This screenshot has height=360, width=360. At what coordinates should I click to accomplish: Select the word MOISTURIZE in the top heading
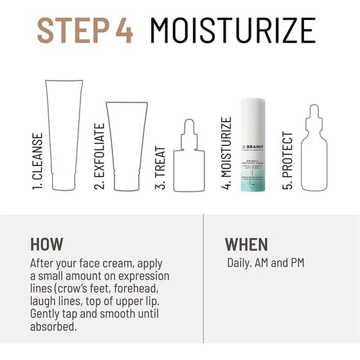coord(233,30)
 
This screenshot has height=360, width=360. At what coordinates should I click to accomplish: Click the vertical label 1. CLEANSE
coord(38,163)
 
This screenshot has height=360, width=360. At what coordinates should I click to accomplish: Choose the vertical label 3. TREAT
coord(161,169)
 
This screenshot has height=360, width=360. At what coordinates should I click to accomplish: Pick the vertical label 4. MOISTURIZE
coord(226,154)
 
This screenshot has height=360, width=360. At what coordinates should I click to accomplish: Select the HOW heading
coord(47,244)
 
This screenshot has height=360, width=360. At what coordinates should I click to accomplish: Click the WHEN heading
coord(246,244)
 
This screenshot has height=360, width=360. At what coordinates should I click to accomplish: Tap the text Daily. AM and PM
coord(265,263)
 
